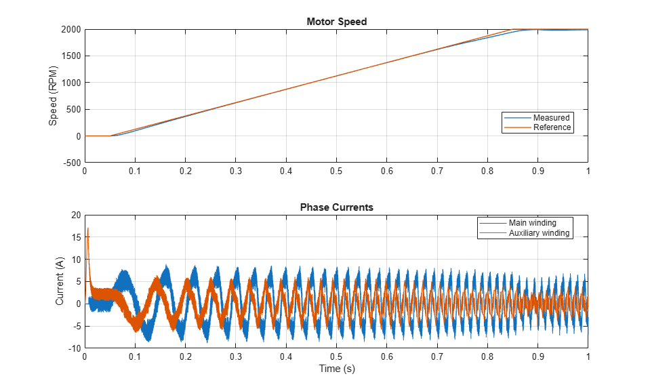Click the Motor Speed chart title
click(337, 22)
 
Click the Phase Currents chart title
click(337, 207)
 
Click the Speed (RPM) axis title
click(53, 96)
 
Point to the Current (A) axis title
click(60, 281)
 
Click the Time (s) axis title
click(337, 369)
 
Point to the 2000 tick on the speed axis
click(71, 29)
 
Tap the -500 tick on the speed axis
click(72, 163)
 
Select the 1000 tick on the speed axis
click(71, 83)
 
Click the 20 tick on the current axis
click(77, 215)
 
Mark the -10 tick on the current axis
click(75, 348)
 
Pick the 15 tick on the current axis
click(77, 237)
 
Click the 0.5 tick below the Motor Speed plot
click(336, 171)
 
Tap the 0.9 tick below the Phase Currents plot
click(537, 356)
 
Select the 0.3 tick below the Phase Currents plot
click(236, 356)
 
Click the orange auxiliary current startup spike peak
click(88, 228)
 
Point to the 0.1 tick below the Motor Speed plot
click(135, 171)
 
